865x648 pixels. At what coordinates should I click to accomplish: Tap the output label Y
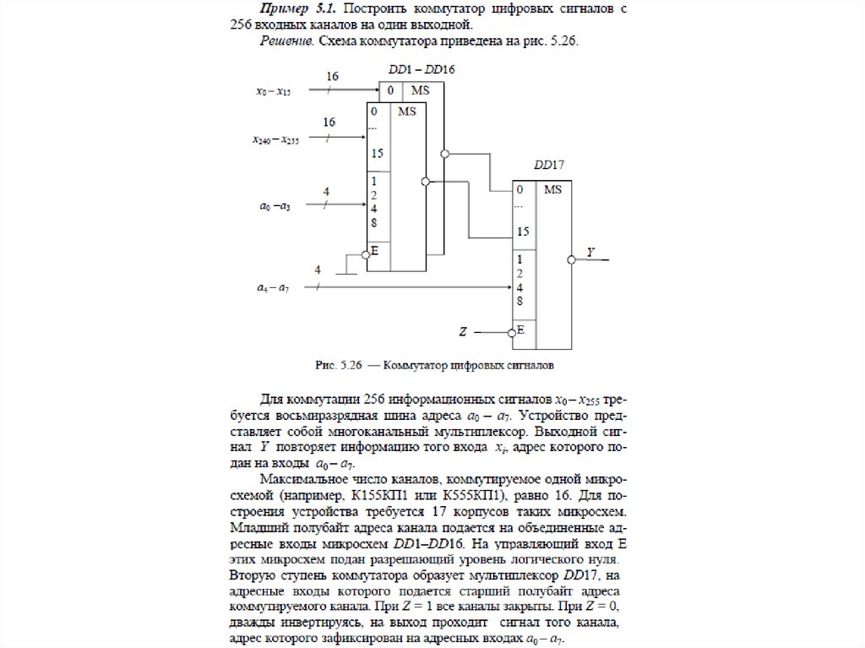tap(590, 252)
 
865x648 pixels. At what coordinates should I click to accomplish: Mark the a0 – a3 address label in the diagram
tap(274, 205)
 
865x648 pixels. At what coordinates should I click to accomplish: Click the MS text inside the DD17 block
tap(552, 190)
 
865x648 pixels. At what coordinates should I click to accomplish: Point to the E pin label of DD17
tap(520, 329)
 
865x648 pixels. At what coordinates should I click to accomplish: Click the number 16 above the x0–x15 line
tap(332, 77)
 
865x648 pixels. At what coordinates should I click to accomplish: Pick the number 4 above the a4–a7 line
tap(318, 270)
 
